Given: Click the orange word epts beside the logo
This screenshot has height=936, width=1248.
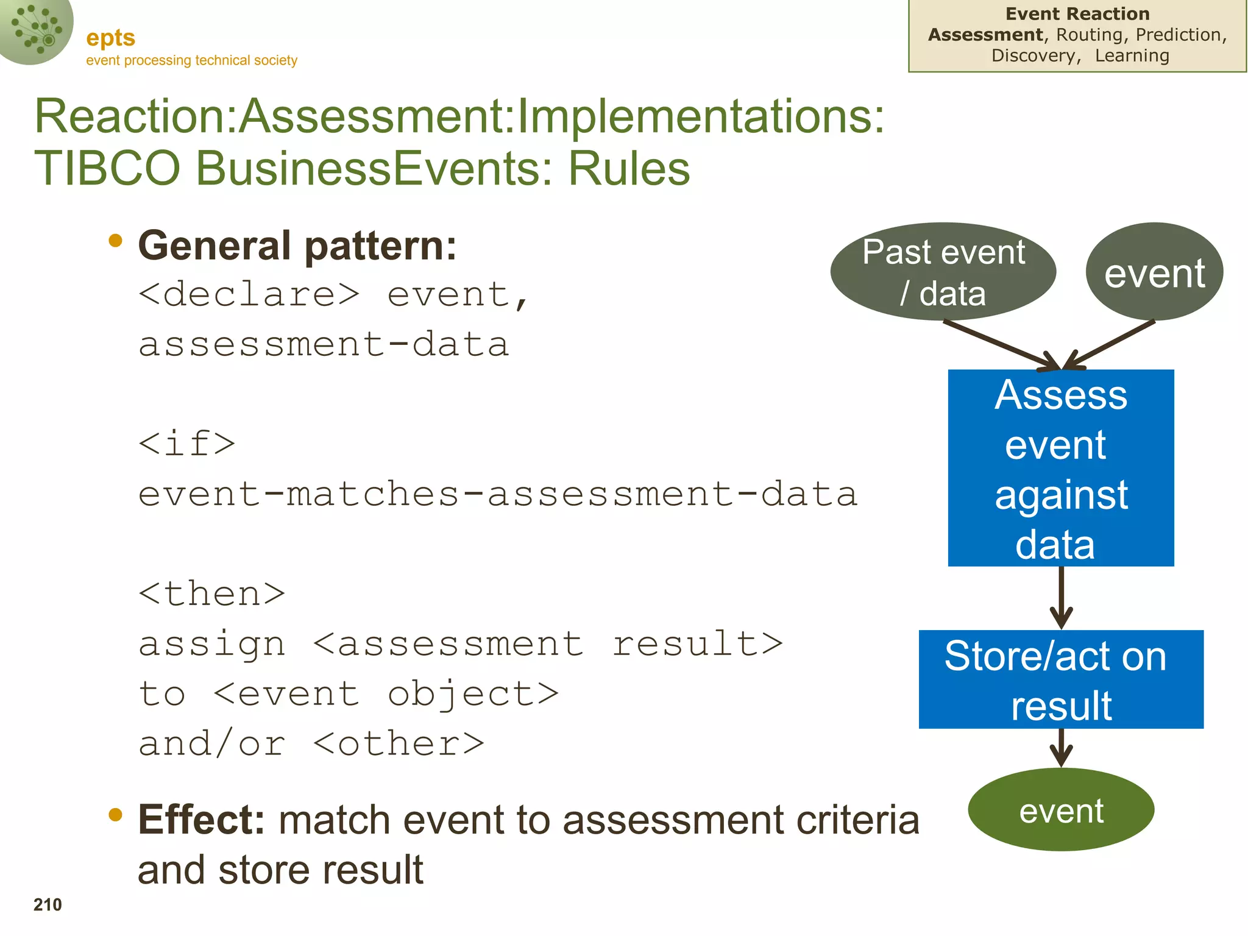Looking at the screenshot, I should click(110, 38).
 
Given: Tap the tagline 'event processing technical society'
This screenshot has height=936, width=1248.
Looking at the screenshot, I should click(191, 60).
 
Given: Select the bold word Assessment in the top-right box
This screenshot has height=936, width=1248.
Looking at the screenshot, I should click(985, 35).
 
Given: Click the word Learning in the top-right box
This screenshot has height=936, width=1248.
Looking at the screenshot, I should click(1132, 55).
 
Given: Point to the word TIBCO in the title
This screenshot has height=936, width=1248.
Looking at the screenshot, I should click(107, 168).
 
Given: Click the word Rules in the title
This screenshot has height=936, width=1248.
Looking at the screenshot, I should click(629, 168).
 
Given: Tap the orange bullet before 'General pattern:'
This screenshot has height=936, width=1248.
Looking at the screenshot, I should click(115, 241).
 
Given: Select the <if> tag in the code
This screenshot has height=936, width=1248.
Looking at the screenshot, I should click(186, 444).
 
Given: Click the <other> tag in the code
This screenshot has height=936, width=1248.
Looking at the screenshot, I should click(399, 744).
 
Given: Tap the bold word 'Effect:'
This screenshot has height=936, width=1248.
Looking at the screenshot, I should click(201, 820).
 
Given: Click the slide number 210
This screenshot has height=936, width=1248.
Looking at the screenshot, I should click(48, 904).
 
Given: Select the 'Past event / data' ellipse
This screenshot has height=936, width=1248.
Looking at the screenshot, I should click(943, 272).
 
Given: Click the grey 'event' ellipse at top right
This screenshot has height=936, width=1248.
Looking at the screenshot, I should click(1154, 272).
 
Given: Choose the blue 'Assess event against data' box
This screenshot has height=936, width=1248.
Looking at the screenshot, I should click(1061, 468).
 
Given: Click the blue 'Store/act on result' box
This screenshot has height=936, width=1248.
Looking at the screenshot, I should click(1061, 679).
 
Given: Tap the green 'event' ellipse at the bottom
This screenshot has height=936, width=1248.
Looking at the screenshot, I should click(1061, 810).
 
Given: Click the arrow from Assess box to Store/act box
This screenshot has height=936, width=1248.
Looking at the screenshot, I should click(1061, 597).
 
